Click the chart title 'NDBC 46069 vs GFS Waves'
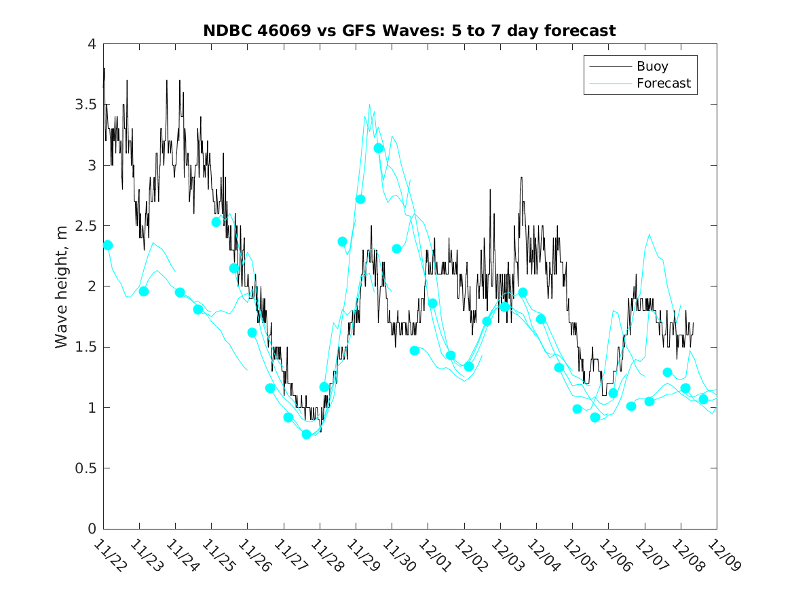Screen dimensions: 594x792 [x=319, y=31]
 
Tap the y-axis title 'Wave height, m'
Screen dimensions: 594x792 [x=62, y=286]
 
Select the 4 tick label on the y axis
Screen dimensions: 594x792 [x=91, y=45]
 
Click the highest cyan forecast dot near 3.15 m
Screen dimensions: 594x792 [x=379, y=148]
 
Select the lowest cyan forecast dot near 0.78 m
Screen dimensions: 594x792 [x=306, y=434]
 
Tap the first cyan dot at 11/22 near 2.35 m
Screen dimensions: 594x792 [x=107, y=245]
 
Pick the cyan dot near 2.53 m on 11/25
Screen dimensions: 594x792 [x=216, y=222]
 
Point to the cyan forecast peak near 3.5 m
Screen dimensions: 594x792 [x=369, y=105]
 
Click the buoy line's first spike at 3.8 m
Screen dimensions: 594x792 [x=104, y=69]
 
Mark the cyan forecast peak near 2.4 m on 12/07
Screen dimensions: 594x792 [x=649, y=234]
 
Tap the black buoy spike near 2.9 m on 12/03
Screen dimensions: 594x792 [x=521, y=177]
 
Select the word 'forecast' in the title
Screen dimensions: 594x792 [x=582, y=31]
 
